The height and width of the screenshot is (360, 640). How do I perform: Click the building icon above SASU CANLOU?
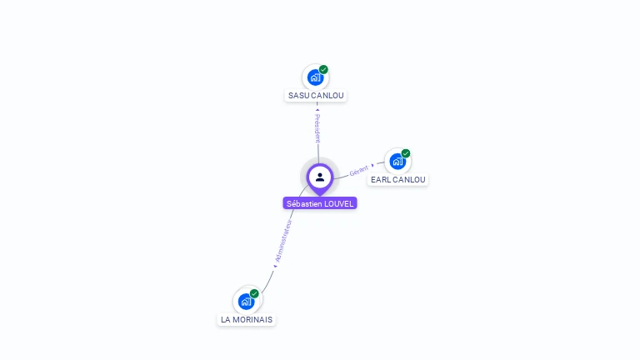[315, 77]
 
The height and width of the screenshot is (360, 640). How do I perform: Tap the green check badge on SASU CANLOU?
[323, 70]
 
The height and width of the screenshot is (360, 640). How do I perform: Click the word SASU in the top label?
[298, 96]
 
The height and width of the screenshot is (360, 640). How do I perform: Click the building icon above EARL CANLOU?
[397, 161]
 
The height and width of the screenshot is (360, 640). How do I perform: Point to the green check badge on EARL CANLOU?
[406, 153]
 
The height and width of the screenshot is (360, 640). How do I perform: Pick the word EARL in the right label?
[381, 180]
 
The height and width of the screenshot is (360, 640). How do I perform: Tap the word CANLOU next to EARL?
[409, 180]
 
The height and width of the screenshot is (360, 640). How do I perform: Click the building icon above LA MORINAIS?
[246, 301]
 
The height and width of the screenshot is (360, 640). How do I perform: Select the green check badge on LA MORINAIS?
[254, 293]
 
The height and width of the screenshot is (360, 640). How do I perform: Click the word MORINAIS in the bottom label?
[253, 320]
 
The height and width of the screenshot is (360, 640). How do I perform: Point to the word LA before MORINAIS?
[226, 320]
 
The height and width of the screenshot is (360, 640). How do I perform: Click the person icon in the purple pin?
[320, 177]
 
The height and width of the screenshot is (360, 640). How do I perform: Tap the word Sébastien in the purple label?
[304, 203]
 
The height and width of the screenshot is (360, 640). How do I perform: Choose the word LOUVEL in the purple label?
[338, 203]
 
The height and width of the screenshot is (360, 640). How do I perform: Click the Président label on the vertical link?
[317, 129]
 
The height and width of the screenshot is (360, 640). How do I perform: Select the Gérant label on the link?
[359, 170]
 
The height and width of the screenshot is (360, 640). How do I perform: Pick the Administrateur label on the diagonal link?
[284, 241]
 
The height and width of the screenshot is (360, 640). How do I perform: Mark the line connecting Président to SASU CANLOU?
[317, 105]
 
